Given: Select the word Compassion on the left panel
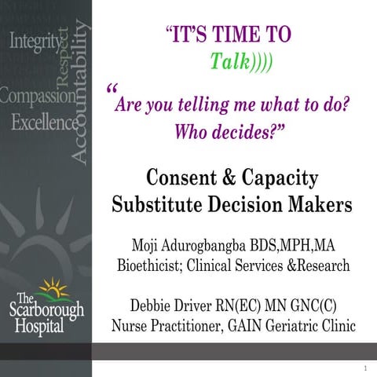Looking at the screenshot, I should (36, 97).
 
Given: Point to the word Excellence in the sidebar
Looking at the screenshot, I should (44, 123).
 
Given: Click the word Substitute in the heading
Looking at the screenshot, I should (157, 206).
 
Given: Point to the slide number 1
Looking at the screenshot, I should (366, 367).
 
